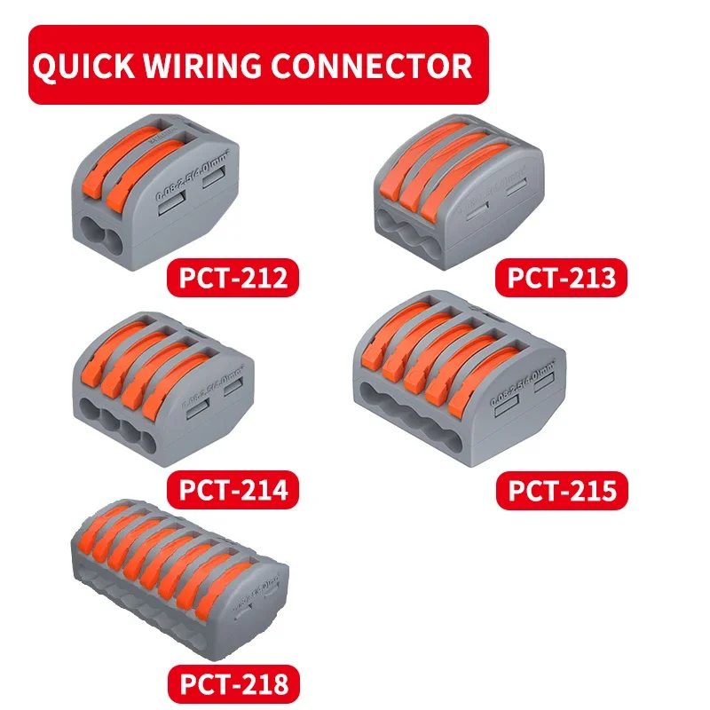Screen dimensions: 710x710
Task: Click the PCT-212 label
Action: click(x=233, y=277)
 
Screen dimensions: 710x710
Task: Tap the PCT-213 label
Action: click(x=561, y=277)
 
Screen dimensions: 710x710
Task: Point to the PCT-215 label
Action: click(x=561, y=490)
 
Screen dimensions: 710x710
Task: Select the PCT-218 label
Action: click(x=233, y=683)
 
